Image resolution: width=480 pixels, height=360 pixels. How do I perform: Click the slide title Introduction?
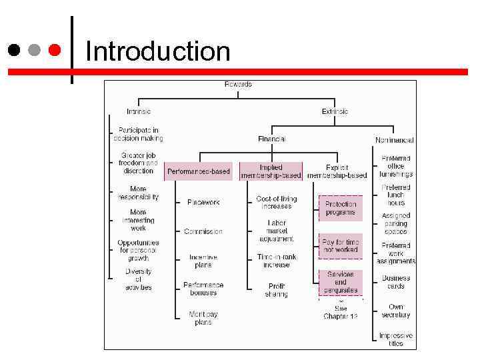[x=158, y=51]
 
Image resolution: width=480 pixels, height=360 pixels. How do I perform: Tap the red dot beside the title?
[x=55, y=50]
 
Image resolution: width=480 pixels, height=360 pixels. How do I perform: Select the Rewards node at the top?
[x=237, y=84]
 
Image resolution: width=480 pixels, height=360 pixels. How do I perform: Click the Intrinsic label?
[x=139, y=111]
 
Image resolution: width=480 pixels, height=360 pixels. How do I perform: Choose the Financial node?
[x=271, y=139]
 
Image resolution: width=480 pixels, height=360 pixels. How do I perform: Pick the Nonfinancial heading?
[x=394, y=140]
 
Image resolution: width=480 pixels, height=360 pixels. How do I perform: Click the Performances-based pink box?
[x=199, y=171]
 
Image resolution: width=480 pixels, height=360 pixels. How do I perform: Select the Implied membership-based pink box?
[x=271, y=171]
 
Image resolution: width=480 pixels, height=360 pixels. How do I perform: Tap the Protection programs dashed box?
[x=341, y=208]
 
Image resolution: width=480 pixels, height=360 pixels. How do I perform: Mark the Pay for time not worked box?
[x=341, y=245]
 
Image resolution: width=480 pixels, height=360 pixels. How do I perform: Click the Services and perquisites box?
[x=341, y=282]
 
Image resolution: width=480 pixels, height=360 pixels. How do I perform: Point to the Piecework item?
[x=203, y=202]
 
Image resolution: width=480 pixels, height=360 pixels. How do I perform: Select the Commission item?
[x=203, y=231]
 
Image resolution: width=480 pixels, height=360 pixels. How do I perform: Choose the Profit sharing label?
[x=276, y=290]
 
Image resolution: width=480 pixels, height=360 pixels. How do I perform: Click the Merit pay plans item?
[x=199, y=318]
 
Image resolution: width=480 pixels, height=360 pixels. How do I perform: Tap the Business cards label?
[x=396, y=282]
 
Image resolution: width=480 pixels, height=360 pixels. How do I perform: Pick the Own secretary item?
[x=396, y=311]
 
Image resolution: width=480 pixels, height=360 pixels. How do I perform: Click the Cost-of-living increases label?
[x=276, y=203]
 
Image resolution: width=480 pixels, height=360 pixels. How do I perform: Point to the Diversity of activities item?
[x=139, y=279]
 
